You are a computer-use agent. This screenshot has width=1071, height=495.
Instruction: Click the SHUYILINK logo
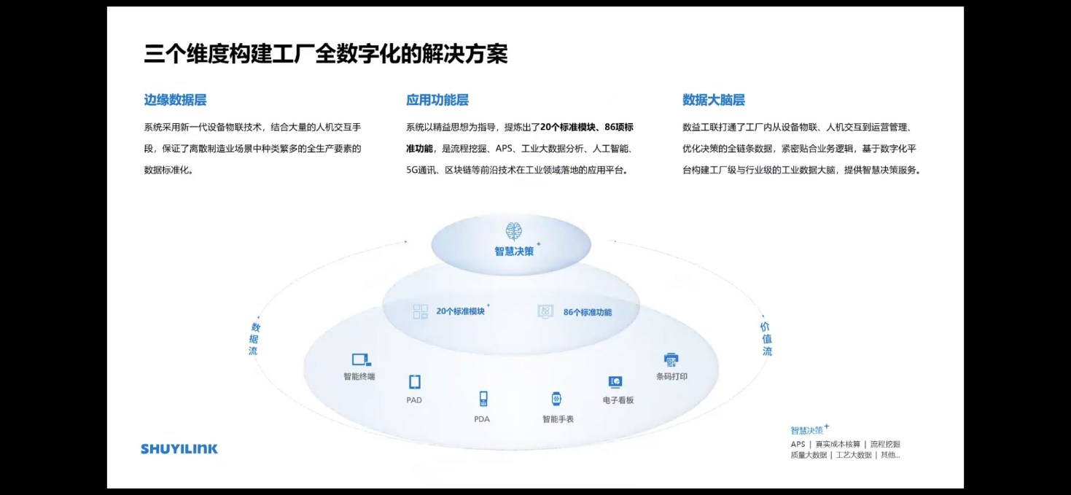click(x=179, y=449)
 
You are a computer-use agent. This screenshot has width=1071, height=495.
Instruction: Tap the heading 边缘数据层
click(x=175, y=101)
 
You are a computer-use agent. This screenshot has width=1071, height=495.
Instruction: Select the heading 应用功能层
click(x=437, y=101)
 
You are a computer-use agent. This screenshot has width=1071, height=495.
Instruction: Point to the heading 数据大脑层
click(x=714, y=101)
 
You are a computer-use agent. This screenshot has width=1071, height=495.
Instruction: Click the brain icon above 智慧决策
click(x=514, y=231)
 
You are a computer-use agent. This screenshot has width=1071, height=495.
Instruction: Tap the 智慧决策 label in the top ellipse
click(x=514, y=252)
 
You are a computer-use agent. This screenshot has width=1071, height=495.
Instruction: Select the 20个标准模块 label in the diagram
click(x=461, y=311)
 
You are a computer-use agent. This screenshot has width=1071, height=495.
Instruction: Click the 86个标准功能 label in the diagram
click(x=588, y=312)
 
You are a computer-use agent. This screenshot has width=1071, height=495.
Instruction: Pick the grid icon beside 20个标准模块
click(x=421, y=311)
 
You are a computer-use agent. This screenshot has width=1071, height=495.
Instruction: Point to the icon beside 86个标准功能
click(x=545, y=311)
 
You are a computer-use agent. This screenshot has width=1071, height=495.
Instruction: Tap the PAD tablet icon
click(x=414, y=381)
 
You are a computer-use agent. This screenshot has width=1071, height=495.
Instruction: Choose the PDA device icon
click(x=483, y=398)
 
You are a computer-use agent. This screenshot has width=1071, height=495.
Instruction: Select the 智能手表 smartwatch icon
click(x=557, y=399)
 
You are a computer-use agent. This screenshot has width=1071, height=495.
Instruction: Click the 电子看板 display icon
click(x=615, y=382)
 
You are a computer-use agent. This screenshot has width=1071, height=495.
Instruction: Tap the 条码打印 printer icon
click(x=671, y=359)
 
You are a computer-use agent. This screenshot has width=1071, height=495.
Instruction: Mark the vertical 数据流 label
click(x=254, y=339)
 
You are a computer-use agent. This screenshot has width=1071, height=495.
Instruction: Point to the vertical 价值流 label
click(x=766, y=339)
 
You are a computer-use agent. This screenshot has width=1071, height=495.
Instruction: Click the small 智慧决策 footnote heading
click(x=807, y=430)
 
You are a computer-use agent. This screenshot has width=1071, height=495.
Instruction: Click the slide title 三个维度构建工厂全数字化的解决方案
click(x=326, y=54)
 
